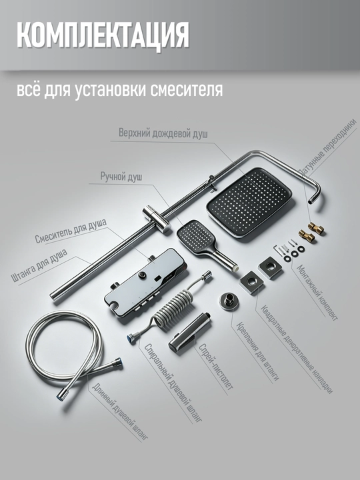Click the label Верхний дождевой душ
[163, 133]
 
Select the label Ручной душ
[121, 177]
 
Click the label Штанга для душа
[39, 265]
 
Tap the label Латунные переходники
[328, 147]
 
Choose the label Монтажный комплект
[317, 293]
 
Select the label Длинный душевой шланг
[120, 412]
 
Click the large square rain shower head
[249, 202]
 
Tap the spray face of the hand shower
[195, 235]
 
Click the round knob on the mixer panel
[142, 275]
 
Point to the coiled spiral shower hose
[169, 308]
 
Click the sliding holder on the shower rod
[157, 219]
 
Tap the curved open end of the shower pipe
[311, 201]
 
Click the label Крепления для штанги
[257, 352]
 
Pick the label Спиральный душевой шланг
[173, 383]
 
